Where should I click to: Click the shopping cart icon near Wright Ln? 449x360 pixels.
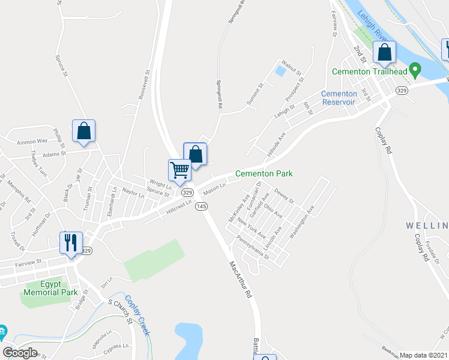(x=179, y=170)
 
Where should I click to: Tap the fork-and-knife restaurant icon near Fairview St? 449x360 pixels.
(x=71, y=242)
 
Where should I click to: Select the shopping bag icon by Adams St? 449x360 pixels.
(x=83, y=131)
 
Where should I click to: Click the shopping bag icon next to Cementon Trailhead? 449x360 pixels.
(x=384, y=53)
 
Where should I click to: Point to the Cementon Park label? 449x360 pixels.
(x=264, y=173)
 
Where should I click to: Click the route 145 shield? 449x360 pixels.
(x=201, y=206)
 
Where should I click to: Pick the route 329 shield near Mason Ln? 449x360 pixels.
(x=187, y=193)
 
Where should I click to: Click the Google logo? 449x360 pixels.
(x=20, y=353)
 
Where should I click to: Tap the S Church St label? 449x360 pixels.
(x=119, y=313)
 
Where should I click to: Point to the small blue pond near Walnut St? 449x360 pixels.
(x=279, y=70)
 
